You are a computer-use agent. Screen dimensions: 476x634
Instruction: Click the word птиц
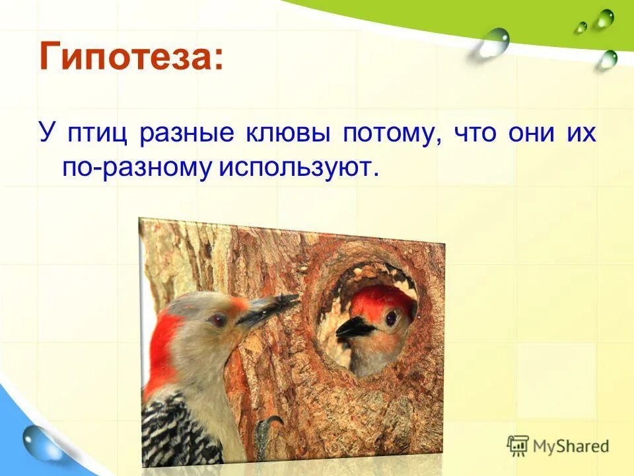pyautogui.click(x=98, y=133)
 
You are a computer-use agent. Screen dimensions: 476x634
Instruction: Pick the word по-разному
pyautogui.click(x=134, y=168)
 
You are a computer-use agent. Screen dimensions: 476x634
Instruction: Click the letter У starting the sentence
pyautogui.click(x=46, y=133)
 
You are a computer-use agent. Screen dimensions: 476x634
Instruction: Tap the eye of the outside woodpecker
pyautogui.click(x=217, y=320)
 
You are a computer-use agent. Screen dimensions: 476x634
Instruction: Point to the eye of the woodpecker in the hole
pyautogui.click(x=391, y=319)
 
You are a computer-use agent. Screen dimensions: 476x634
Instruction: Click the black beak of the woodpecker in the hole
pyautogui.click(x=355, y=327)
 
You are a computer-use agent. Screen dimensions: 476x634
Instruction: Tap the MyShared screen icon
pyautogui.click(x=518, y=446)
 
